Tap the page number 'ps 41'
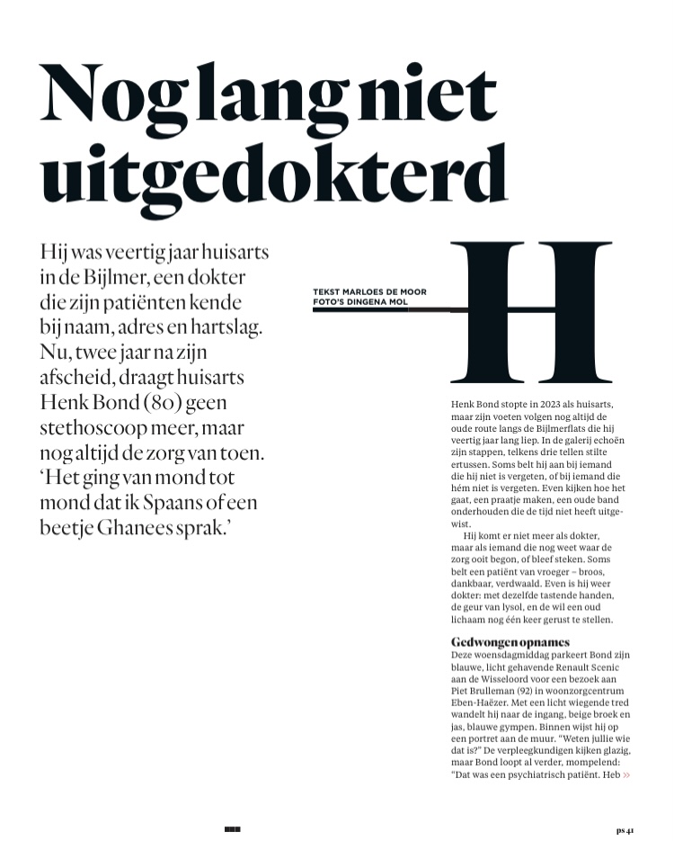pos(625,829)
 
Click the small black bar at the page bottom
pos(233,828)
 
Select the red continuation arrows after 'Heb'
pos(626,774)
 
